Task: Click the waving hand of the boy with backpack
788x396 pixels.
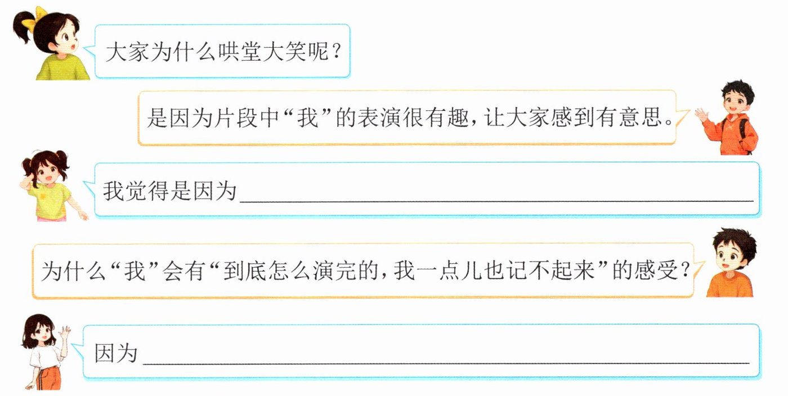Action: tap(701, 116)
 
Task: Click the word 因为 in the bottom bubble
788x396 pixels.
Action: tap(116, 353)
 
